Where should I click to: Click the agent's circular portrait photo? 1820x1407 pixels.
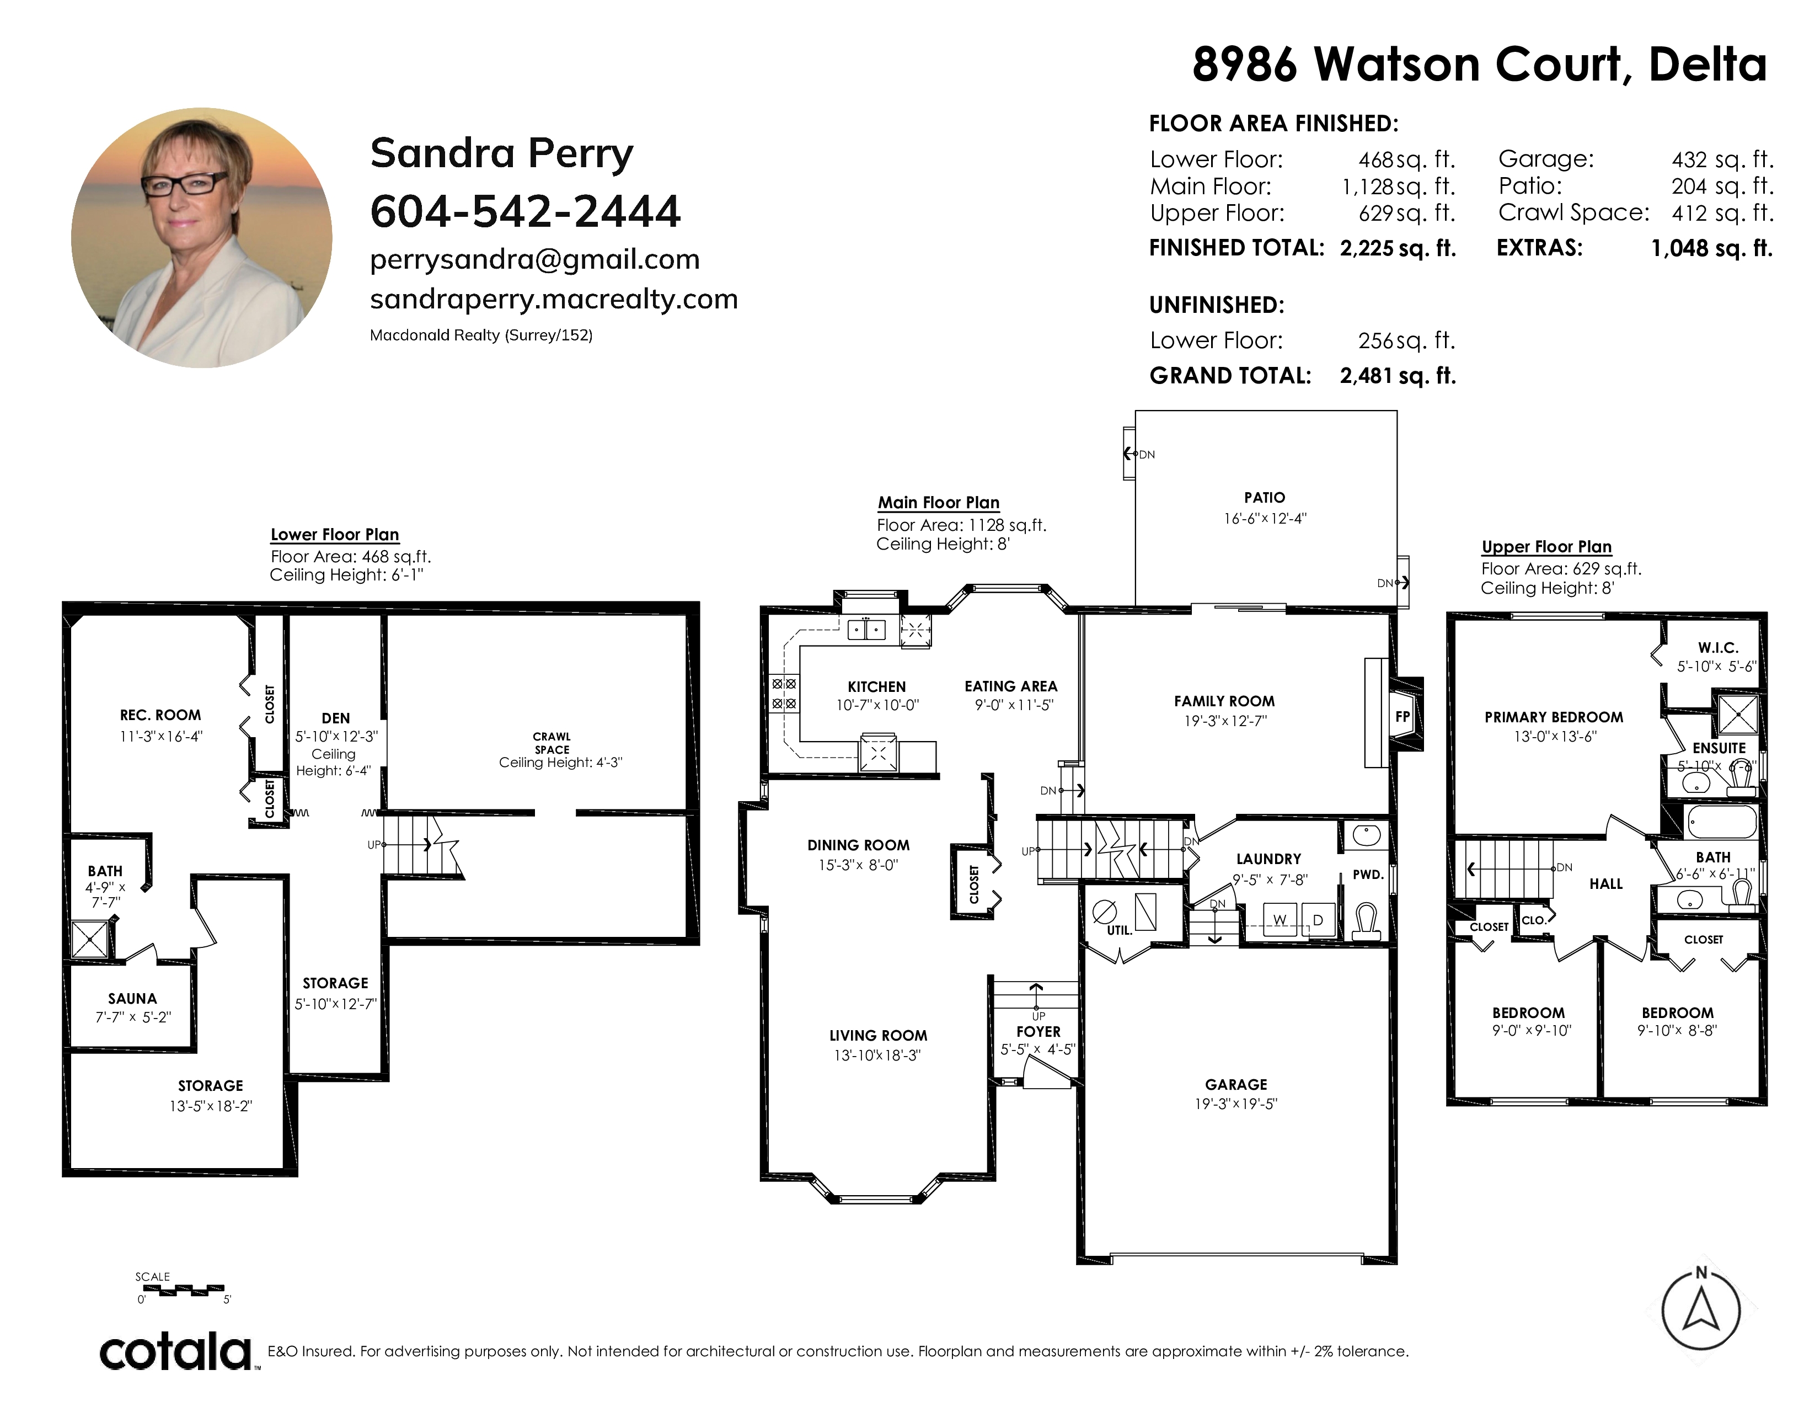pyautogui.click(x=202, y=238)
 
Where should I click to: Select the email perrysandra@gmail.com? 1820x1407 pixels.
pyautogui.click(x=535, y=260)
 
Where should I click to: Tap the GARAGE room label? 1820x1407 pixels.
pyautogui.click(x=1236, y=1084)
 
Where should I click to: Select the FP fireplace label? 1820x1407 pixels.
pyautogui.click(x=1403, y=717)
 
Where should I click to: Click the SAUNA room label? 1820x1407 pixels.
pyautogui.click(x=132, y=999)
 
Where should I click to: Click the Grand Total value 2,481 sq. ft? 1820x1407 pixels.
pyautogui.click(x=1398, y=376)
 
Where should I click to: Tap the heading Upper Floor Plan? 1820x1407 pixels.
pyautogui.click(x=1546, y=547)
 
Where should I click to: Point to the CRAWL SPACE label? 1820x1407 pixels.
pyautogui.click(x=552, y=743)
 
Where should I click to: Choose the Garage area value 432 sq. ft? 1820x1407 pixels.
pyautogui.click(x=1722, y=159)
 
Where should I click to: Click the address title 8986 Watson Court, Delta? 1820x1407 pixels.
pyautogui.click(x=1479, y=64)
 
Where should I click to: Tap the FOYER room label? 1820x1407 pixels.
pyautogui.click(x=1039, y=1032)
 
